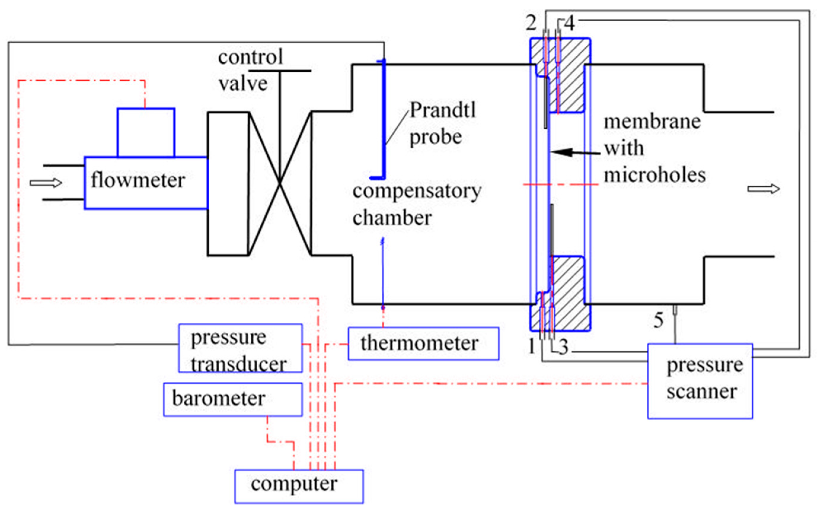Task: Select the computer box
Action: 299,486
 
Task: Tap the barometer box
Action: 233,400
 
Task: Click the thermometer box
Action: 423,343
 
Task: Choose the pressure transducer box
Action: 240,348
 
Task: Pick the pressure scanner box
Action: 700,381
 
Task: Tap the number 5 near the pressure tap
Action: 658,320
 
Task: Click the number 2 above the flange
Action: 531,23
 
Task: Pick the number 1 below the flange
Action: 532,347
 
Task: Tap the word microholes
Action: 654,175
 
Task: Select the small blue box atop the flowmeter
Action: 146,133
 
